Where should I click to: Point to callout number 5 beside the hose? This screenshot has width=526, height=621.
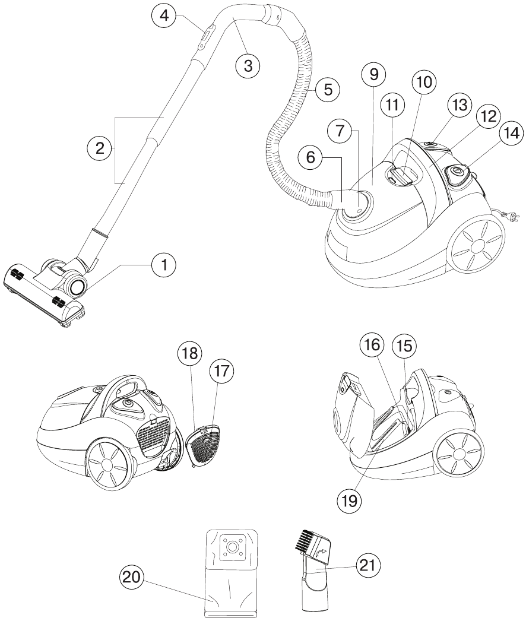(327, 90)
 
